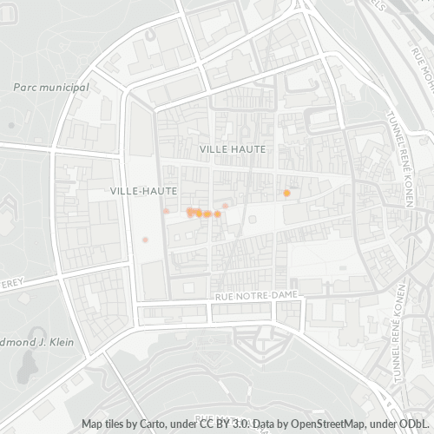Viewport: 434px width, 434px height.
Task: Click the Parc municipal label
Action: click(52, 88)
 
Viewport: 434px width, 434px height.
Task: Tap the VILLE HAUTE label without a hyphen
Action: click(233, 149)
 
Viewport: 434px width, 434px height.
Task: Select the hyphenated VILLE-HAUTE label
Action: click(145, 189)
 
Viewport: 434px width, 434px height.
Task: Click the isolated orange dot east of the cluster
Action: click(286, 193)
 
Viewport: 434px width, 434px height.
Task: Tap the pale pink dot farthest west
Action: click(146, 240)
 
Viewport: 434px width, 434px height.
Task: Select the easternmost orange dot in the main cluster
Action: click(218, 214)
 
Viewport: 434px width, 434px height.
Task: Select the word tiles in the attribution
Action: click(116, 424)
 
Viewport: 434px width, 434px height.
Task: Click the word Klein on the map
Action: click(60, 342)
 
